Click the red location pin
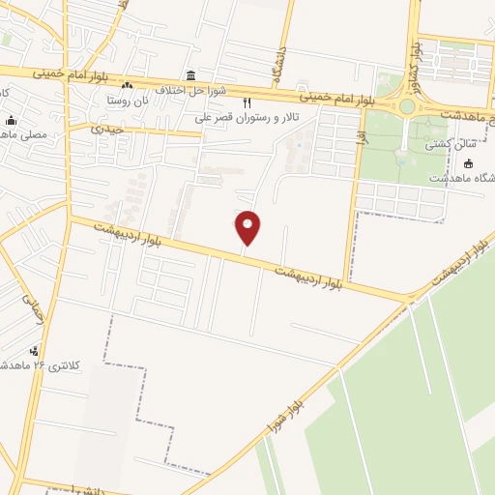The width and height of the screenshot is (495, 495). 247,227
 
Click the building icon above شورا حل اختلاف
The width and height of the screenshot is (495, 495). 190,75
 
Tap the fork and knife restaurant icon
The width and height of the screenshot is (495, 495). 247,102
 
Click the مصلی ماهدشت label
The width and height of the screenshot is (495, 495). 32,134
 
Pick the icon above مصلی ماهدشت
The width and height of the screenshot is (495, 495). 11,121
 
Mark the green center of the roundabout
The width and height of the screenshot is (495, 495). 407,106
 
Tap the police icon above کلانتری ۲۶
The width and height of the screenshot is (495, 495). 35,351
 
